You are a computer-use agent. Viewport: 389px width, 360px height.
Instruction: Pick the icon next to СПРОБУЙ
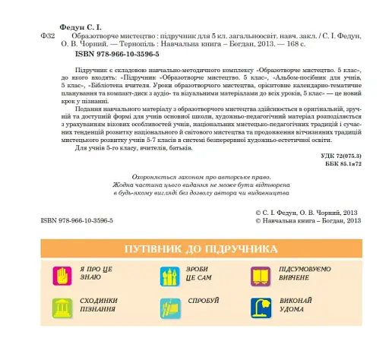[x=169, y=308]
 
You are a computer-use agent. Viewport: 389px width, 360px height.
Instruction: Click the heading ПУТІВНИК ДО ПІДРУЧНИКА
[x=195, y=251]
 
